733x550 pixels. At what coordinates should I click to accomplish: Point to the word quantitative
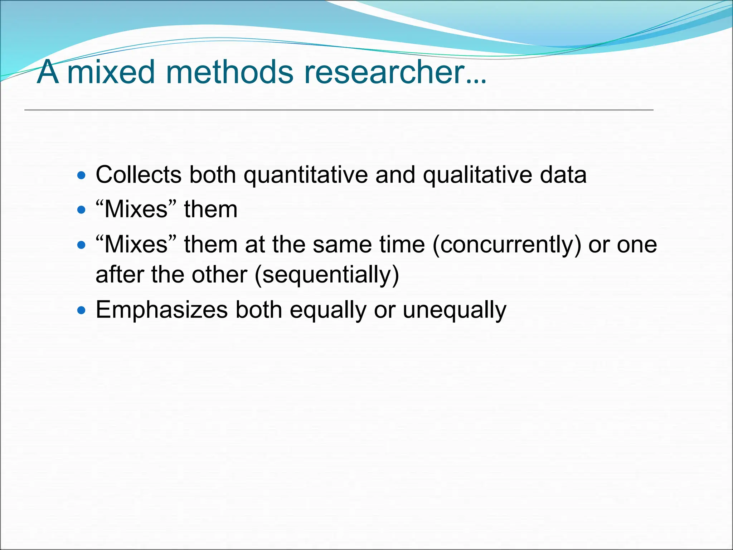click(306, 175)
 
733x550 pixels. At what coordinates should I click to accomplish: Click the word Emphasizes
click(162, 310)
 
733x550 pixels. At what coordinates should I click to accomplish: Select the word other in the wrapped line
click(219, 275)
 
